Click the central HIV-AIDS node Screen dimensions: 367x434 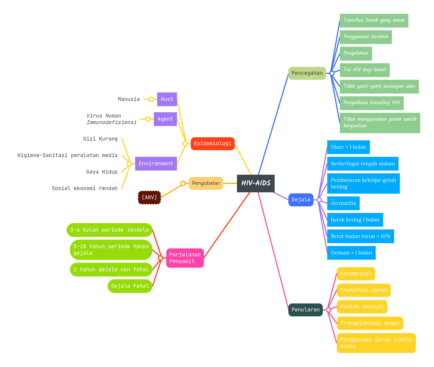click(x=256, y=183)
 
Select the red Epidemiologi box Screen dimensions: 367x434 click(x=212, y=144)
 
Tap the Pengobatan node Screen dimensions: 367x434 click(x=206, y=183)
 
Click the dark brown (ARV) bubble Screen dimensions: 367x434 click(x=149, y=198)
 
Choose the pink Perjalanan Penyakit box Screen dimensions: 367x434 click(x=185, y=258)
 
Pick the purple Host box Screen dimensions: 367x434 click(x=167, y=99)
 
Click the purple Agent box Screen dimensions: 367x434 click(x=165, y=119)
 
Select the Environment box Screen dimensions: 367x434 click(x=156, y=164)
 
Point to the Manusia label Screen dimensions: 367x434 click(x=129, y=99)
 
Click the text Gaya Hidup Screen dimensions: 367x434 click(x=102, y=172)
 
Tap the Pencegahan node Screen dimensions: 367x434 click(x=307, y=73)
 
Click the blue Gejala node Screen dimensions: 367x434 click(x=301, y=200)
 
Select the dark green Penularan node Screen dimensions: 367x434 click(x=305, y=310)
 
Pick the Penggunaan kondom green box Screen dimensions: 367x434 click(x=366, y=37)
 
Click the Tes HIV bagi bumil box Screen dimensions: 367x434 click(x=365, y=70)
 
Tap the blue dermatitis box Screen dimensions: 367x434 click(x=343, y=203)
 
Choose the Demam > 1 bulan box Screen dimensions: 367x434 click(x=351, y=253)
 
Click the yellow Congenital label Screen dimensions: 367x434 click(x=356, y=274)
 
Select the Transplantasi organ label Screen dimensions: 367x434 click(x=370, y=323)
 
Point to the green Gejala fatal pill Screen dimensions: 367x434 click(x=130, y=286)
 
